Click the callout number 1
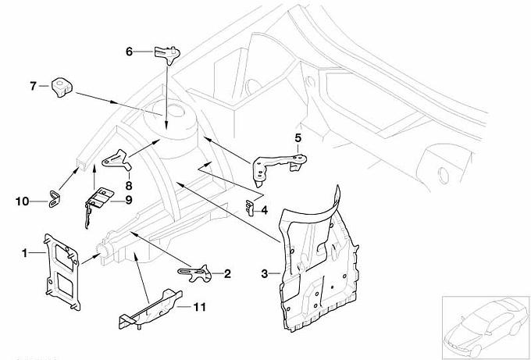[25, 252]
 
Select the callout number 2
[227, 273]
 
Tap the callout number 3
[265, 273]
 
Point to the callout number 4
[264, 209]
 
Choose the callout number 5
[298, 137]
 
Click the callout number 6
[130, 52]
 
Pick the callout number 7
[34, 86]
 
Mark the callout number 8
[127, 185]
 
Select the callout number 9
[127, 201]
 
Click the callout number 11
[200, 307]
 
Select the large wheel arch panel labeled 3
[320, 258]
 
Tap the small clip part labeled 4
[249, 207]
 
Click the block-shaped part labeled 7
[61, 87]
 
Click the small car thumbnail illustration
[484, 322]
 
